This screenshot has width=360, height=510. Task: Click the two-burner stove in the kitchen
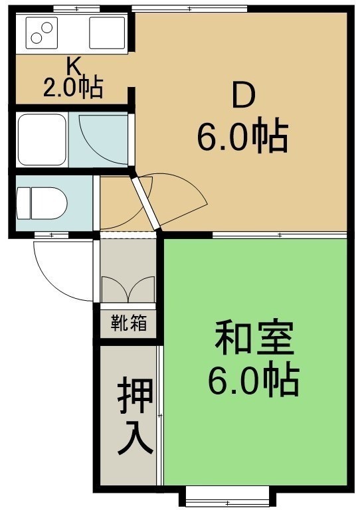click(x=41, y=33)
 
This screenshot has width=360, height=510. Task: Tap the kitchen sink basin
click(x=107, y=33)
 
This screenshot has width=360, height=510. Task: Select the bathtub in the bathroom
click(x=42, y=140)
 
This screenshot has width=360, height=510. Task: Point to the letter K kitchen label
click(x=74, y=66)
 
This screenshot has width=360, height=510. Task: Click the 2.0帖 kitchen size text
click(x=73, y=88)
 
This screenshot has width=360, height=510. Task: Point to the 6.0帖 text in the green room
click(x=253, y=381)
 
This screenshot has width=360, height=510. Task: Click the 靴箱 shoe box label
click(x=129, y=323)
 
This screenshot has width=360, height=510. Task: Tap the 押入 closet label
click(x=135, y=416)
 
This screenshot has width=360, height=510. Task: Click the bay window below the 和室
click(x=227, y=496)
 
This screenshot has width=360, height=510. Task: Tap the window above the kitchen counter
click(x=76, y=8)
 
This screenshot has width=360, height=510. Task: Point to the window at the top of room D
click(x=189, y=8)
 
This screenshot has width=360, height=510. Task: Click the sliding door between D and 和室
click(x=280, y=235)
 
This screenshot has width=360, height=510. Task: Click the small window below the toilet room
click(x=51, y=234)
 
